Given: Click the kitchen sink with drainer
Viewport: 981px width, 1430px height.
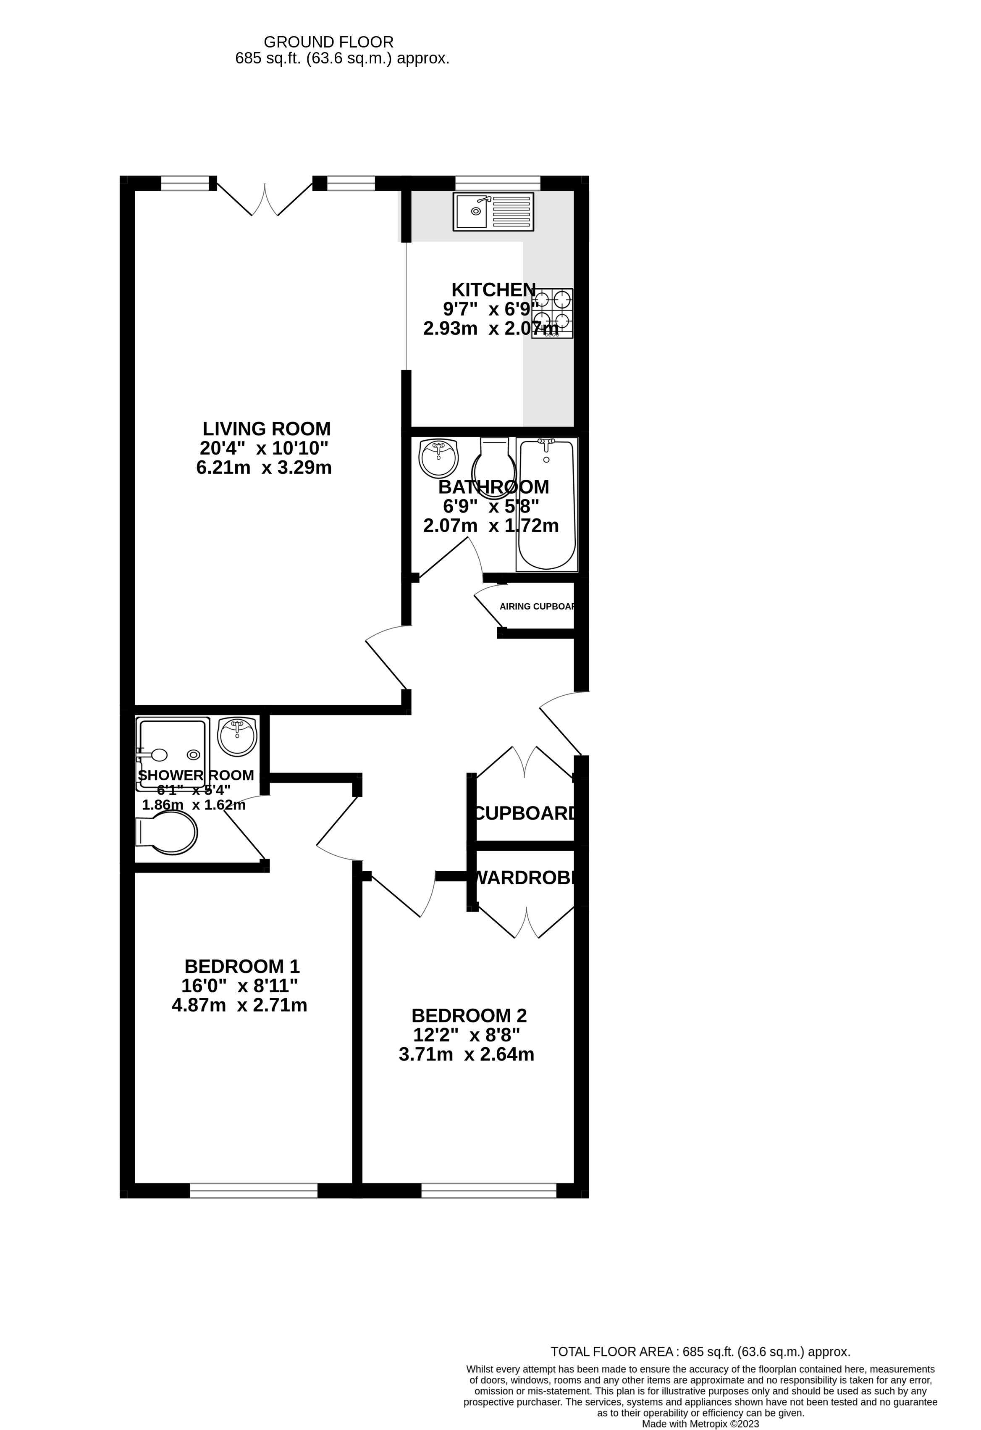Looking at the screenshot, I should [x=493, y=212].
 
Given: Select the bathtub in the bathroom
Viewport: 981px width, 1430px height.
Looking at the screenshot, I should [x=547, y=504].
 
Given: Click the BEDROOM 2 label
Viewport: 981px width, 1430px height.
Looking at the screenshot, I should [x=469, y=1015].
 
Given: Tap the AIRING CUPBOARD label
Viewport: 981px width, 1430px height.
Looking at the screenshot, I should [x=538, y=606].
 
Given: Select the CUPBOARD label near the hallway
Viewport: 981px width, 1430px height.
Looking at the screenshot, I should [x=526, y=813].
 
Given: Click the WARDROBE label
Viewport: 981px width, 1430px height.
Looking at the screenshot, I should [x=526, y=878].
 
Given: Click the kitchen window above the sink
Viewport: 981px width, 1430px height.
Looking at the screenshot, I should [x=498, y=183].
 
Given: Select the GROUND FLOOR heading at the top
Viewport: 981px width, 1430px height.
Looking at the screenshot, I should [x=328, y=42].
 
